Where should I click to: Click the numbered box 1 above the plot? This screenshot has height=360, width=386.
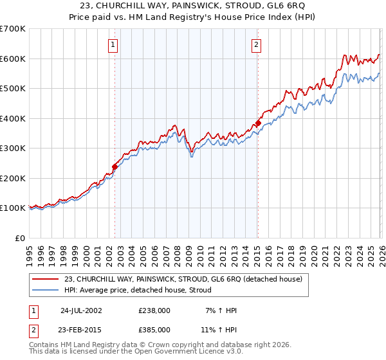coord(113,44)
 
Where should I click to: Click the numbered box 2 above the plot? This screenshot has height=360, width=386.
coord(256,44)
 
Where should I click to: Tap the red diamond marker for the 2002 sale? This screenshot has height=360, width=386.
coord(115,166)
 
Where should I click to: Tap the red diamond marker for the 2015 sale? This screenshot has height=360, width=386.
coord(258,123)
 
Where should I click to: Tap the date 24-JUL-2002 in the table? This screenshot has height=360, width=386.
coord(80,310)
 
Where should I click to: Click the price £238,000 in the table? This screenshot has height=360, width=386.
coord(154,310)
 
